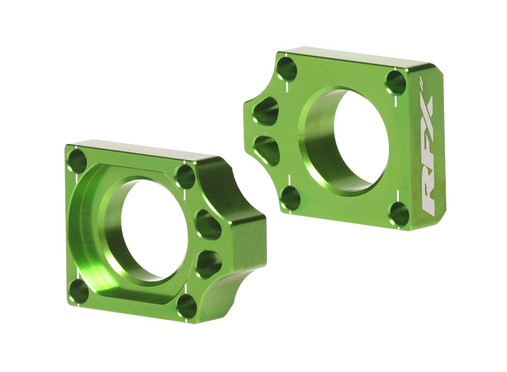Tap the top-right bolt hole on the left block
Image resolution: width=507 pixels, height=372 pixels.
coord(185,176)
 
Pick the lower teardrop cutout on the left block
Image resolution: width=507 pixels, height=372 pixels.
coord(209,264)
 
